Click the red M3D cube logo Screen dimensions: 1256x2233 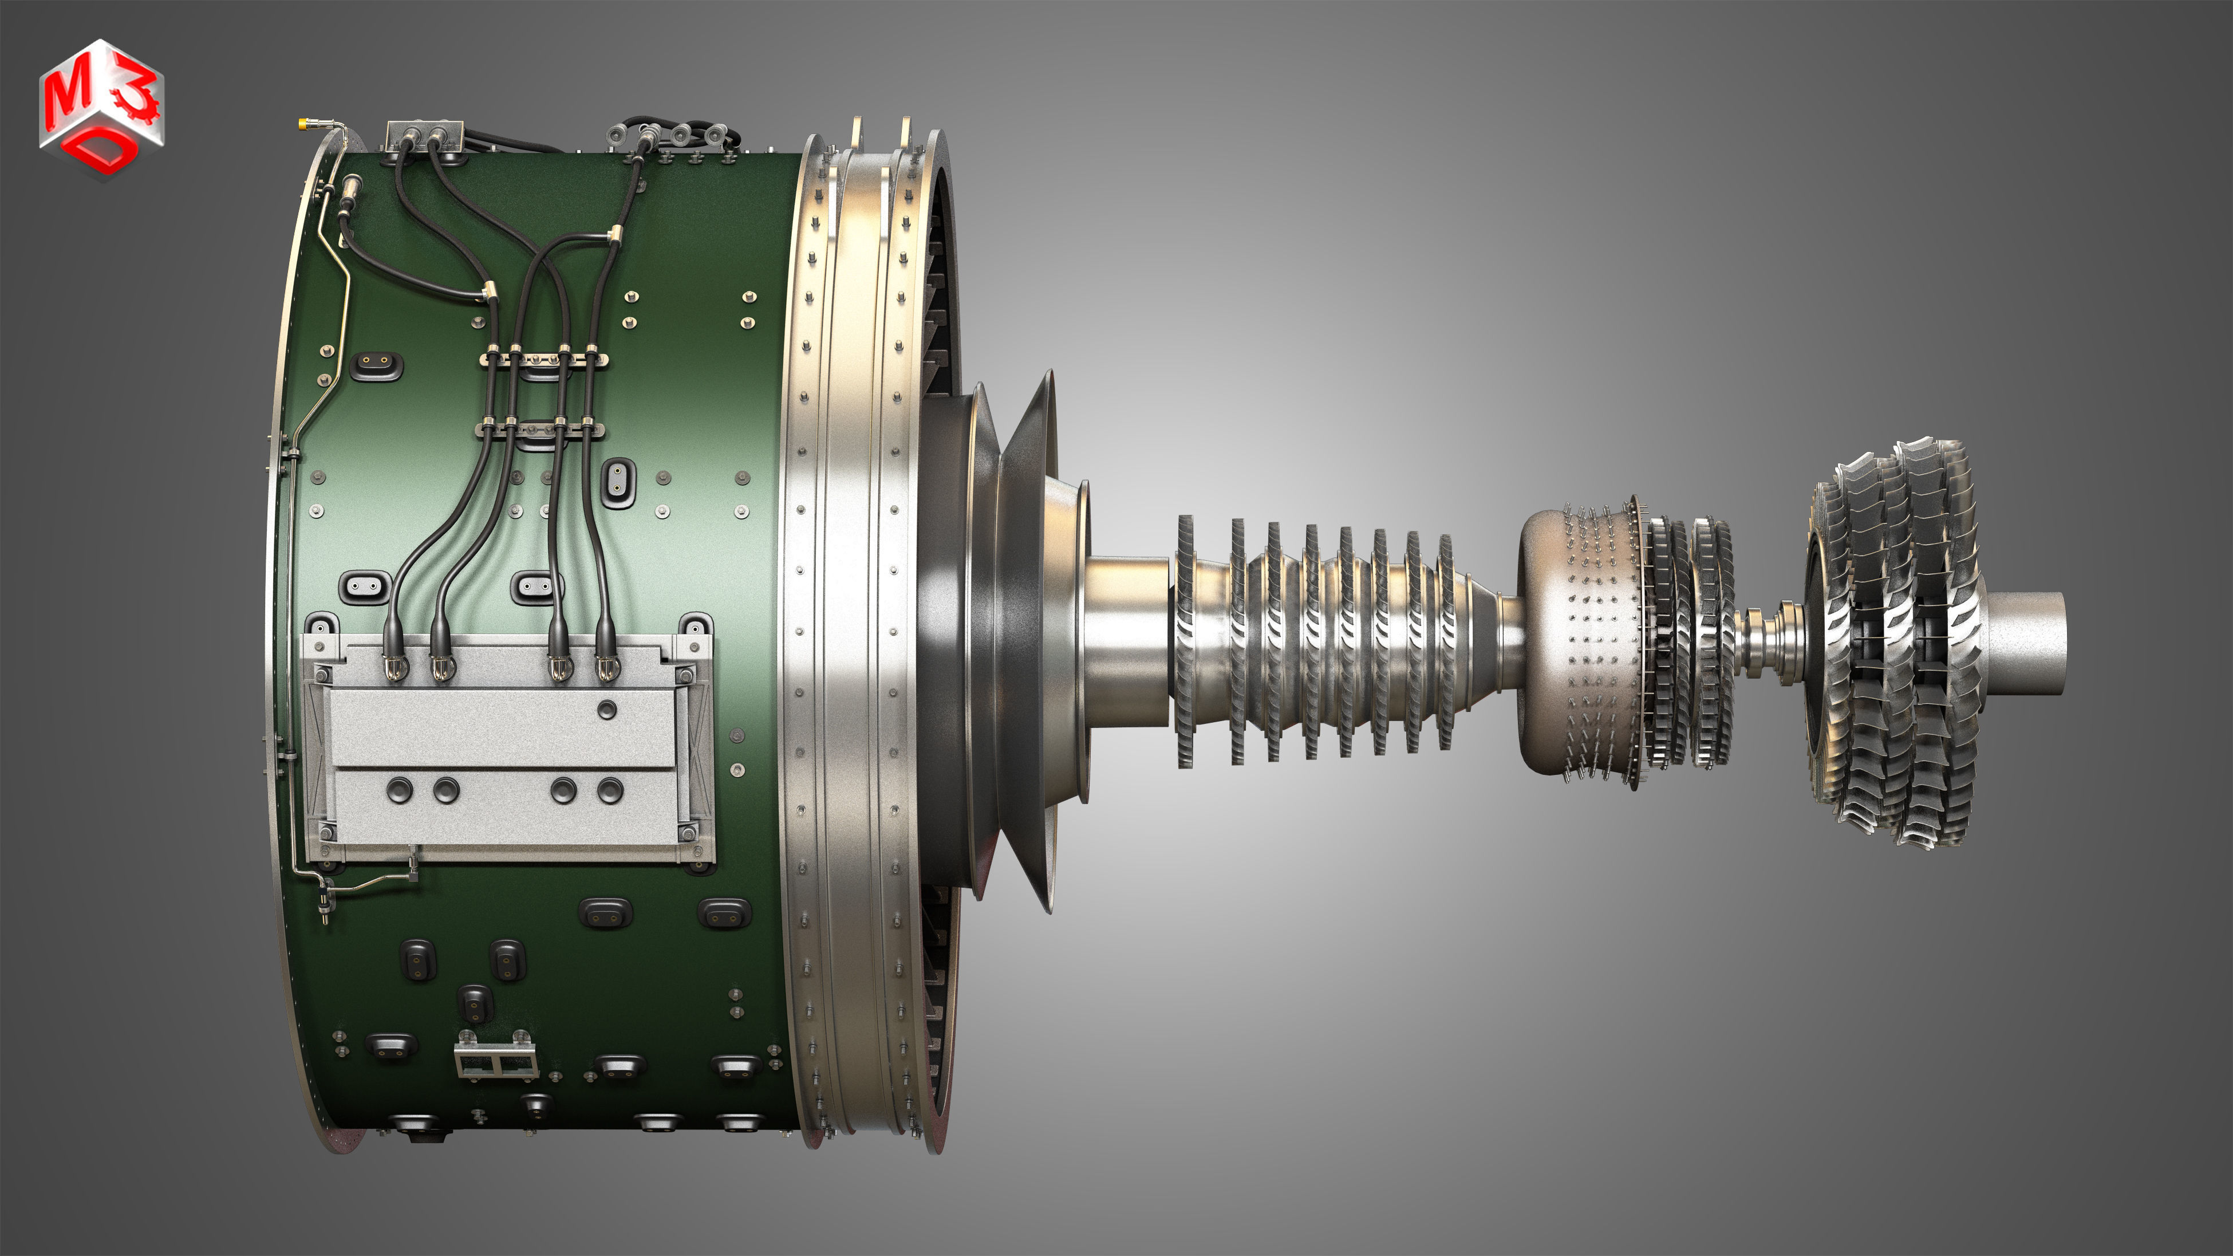(x=101, y=108)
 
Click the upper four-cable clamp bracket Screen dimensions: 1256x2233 (x=543, y=358)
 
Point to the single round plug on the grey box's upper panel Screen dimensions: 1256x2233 (x=607, y=710)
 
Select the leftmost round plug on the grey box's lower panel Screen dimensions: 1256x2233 (x=399, y=790)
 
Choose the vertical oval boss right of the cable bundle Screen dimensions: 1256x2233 (x=617, y=481)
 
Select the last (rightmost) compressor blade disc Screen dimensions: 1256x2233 (x=1445, y=641)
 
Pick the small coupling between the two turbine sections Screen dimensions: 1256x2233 (x=1769, y=641)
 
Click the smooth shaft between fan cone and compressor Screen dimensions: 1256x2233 (x=1127, y=641)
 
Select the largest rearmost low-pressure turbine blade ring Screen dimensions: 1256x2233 (x=1942, y=641)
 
